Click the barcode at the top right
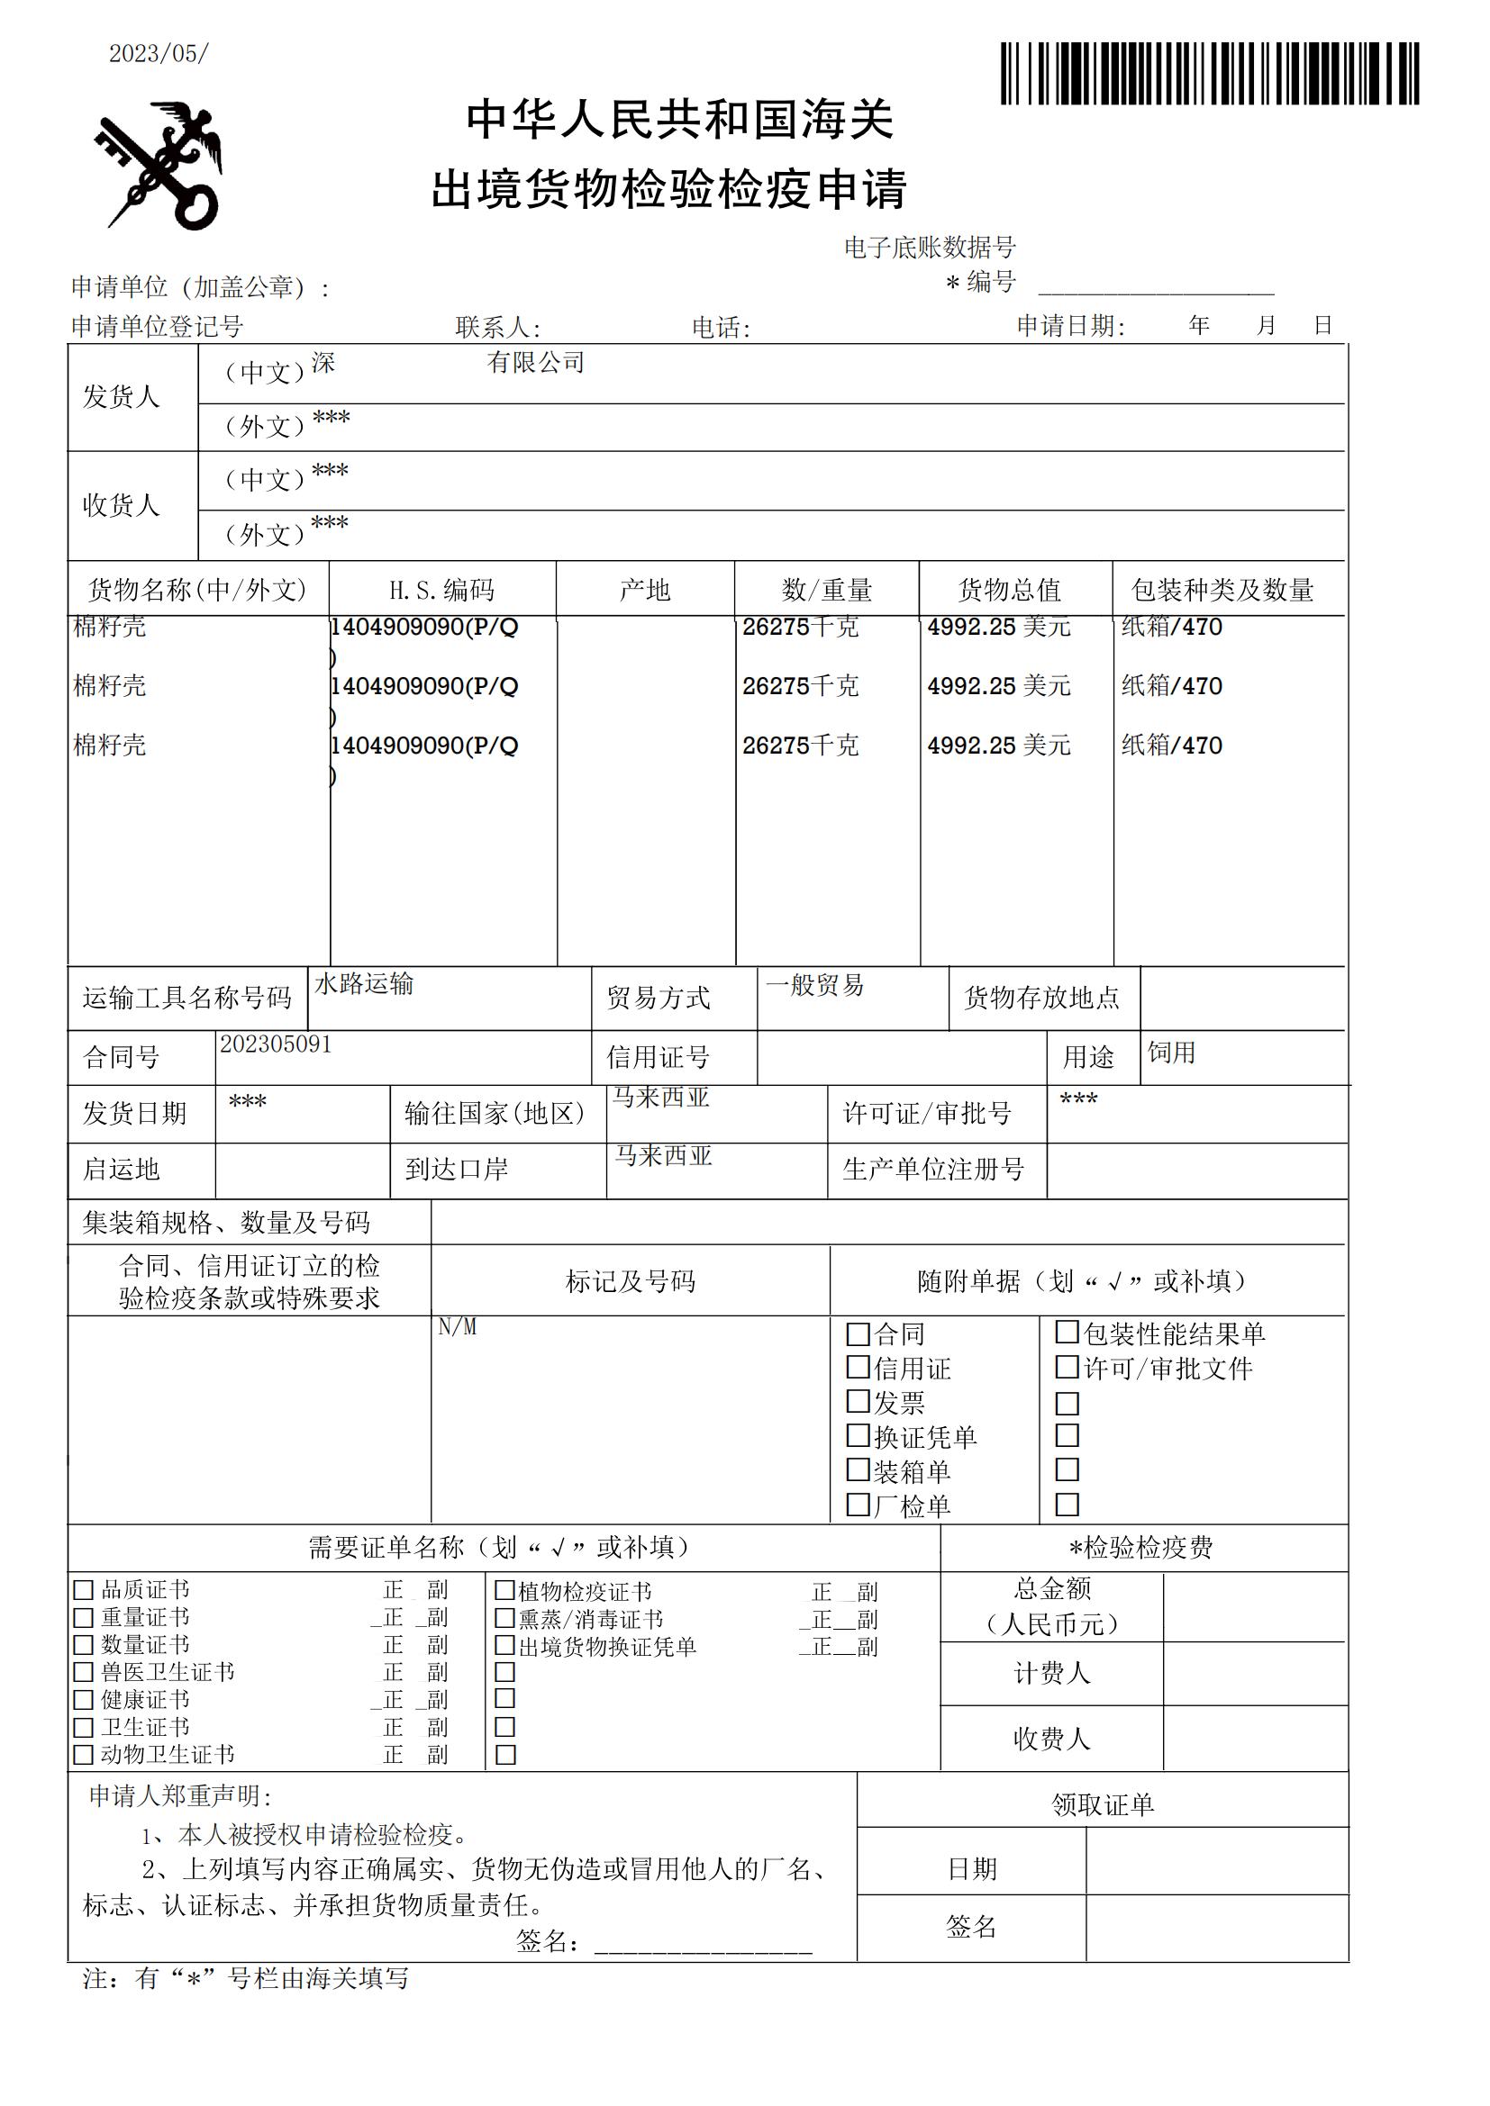pos(1209,73)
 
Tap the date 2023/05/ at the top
pos(159,54)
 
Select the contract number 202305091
pos(276,1044)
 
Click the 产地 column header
pos(645,590)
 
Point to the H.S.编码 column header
pos(441,590)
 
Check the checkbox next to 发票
pos(858,1402)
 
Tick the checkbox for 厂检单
pos(858,1505)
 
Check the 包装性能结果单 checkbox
pos(1067,1332)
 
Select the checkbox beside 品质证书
pos(84,1589)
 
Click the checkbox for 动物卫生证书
pos(84,1755)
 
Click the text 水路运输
pos(364,984)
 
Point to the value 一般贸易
pos(814,985)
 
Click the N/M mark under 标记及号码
pos(457,1327)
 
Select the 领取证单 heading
pos(1102,1805)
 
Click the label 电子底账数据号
pos(930,247)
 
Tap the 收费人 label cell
pos(1051,1740)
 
